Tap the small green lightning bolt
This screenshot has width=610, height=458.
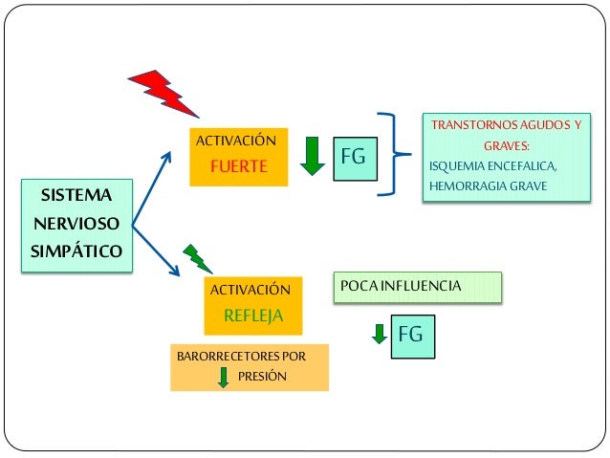pyautogui.click(x=196, y=256)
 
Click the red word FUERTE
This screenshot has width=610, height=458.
pyautogui.click(x=238, y=166)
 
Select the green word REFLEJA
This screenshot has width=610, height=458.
pyautogui.click(x=252, y=315)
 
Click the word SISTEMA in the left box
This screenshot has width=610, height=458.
pyautogui.click(x=76, y=197)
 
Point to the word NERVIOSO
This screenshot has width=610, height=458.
pyautogui.click(x=76, y=225)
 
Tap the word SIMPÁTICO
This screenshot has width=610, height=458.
pyautogui.click(x=76, y=252)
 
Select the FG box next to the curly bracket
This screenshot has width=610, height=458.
pyautogui.click(x=354, y=157)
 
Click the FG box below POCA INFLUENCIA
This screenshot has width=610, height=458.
pyautogui.click(x=410, y=335)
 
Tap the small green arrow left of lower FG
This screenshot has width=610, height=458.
pyautogui.click(x=380, y=334)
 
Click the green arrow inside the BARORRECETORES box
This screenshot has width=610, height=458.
pyautogui.click(x=224, y=377)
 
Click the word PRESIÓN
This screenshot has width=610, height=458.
pyautogui.click(x=262, y=377)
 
